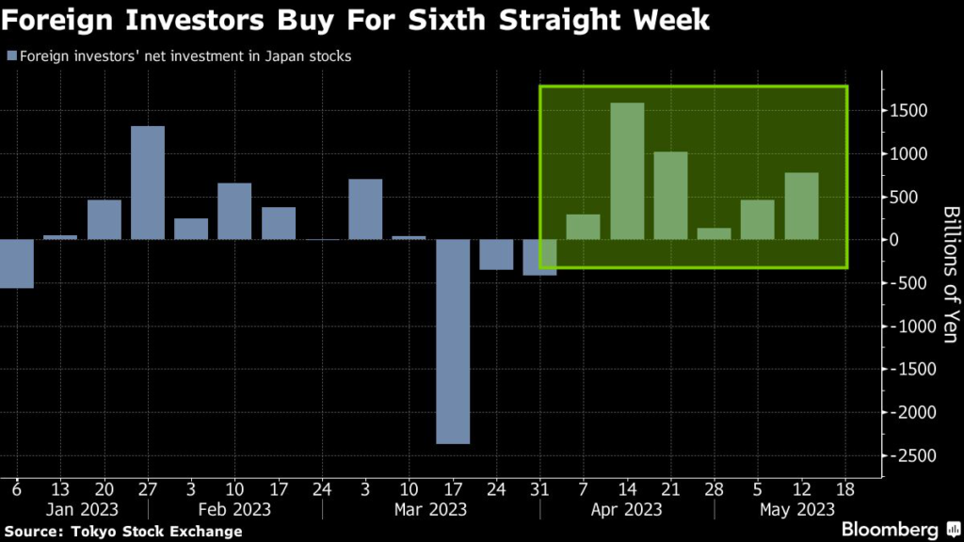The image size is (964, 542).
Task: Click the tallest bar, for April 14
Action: coord(627,171)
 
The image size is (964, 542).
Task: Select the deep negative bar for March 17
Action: coord(453,341)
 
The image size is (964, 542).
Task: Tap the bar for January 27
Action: coord(148,183)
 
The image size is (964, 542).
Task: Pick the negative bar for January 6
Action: coord(16,263)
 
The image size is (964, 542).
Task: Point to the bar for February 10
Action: coord(234,211)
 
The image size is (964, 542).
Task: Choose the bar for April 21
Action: coord(670,195)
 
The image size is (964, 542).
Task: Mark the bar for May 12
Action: coord(801,206)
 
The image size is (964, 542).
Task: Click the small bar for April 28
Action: coord(715,233)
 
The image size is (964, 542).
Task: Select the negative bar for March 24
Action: coord(496,255)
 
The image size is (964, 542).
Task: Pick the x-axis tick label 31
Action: coord(540,489)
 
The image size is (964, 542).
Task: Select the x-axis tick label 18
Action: coord(845,489)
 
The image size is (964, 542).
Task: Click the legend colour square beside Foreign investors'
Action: coord(10,57)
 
